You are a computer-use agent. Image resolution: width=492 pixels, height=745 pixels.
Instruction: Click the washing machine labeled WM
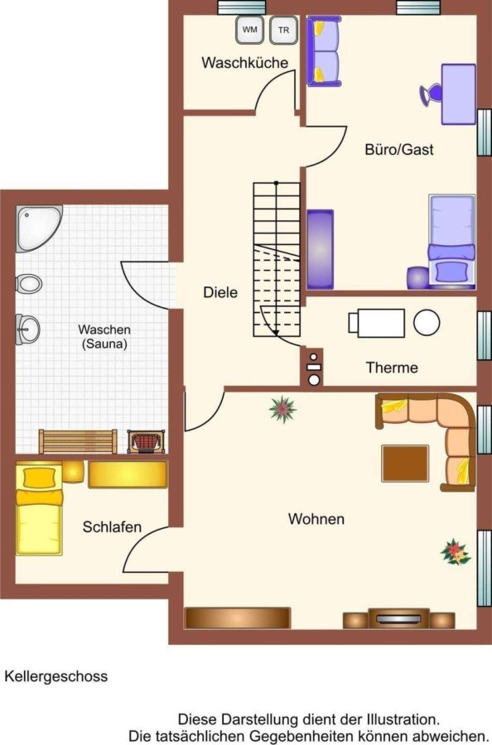pyautogui.click(x=249, y=30)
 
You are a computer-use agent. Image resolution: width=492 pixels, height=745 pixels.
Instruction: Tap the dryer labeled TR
pyautogui.click(x=284, y=30)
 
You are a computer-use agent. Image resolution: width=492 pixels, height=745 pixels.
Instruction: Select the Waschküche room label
pyautogui.click(x=245, y=63)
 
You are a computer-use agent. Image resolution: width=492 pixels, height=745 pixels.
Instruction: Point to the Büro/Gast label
pyautogui.click(x=399, y=150)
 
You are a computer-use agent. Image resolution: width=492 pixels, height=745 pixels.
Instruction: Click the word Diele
pyautogui.click(x=220, y=292)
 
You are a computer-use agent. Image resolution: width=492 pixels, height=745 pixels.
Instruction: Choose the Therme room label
pyautogui.click(x=392, y=368)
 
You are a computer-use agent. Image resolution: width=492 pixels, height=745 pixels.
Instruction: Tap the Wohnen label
pyautogui.click(x=316, y=519)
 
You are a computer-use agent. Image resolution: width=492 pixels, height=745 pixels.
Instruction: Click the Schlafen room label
pyautogui.click(x=112, y=527)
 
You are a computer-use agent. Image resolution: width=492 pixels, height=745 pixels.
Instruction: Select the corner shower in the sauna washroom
pyautogui.click(x=38, y=228)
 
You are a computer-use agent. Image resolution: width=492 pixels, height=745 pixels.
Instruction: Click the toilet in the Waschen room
pyautogui.click(x=29, y=284)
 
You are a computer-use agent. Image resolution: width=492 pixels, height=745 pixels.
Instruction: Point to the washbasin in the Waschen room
pyautogui.click(x=27, y=329)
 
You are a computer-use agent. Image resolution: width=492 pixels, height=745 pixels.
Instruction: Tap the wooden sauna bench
pyautogui.click(x=78, y=442)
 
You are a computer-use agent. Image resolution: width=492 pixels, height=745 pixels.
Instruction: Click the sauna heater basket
pyautogui.click(x=147, y=441)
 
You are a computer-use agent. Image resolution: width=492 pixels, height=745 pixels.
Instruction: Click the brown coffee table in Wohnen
pyautogui.click(x=405, y=464)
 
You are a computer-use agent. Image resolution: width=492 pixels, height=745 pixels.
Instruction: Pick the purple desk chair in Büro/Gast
pyautogui.click(x=431, y=94)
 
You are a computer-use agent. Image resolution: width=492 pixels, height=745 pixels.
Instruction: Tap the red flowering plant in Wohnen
pyautogui.click(x=456, y=552)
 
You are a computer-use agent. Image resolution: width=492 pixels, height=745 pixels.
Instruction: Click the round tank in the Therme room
pyautogui.click(x=427, y=323)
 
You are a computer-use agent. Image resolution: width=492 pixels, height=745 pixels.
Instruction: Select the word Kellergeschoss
pyautogui.click(x=56, y=676)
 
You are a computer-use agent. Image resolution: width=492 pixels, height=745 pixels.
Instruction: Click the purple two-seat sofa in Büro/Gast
pyautogui.click(x=323, y=51)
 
